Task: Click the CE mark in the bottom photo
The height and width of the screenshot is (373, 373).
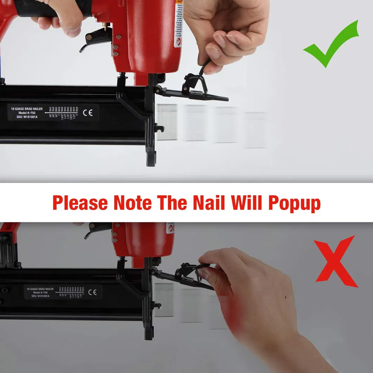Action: pos(93,292)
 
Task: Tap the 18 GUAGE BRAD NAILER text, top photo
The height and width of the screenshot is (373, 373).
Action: pos(25,109)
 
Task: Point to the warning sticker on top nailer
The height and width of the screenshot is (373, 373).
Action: pos(178,25)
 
